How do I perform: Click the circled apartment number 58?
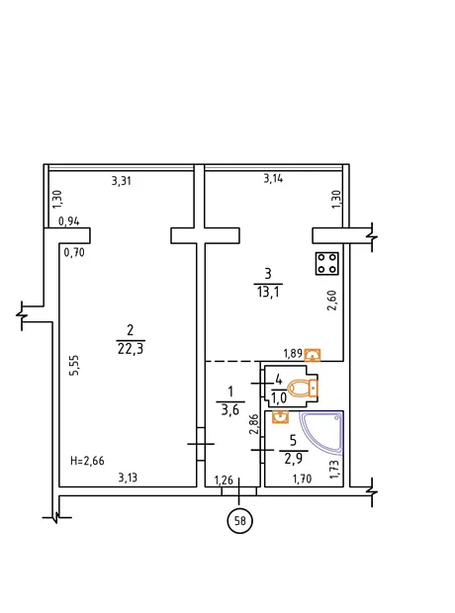point(239,521)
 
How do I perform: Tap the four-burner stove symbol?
point(327,263)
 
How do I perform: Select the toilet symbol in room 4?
point(304,389)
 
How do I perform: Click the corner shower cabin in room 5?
point(322,433)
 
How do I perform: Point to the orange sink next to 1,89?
point(313,355)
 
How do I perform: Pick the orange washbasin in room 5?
point(280,417)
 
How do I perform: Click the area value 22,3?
point(131,349)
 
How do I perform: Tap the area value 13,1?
point(268,292)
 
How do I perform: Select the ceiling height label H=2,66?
point(87,461)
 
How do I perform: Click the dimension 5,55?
point(74,365)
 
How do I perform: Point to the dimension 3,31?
point(122,181)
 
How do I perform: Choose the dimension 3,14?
point(273,179)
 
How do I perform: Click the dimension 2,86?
point(254,424)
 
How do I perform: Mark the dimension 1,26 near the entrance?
point(224,480)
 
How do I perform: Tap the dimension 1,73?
point(334,470)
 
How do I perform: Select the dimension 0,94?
point(69,221)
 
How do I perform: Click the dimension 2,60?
point(331,300)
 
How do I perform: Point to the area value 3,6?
point(230,410)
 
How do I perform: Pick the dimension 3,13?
point(128,478)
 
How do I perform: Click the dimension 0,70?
point(74,252)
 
